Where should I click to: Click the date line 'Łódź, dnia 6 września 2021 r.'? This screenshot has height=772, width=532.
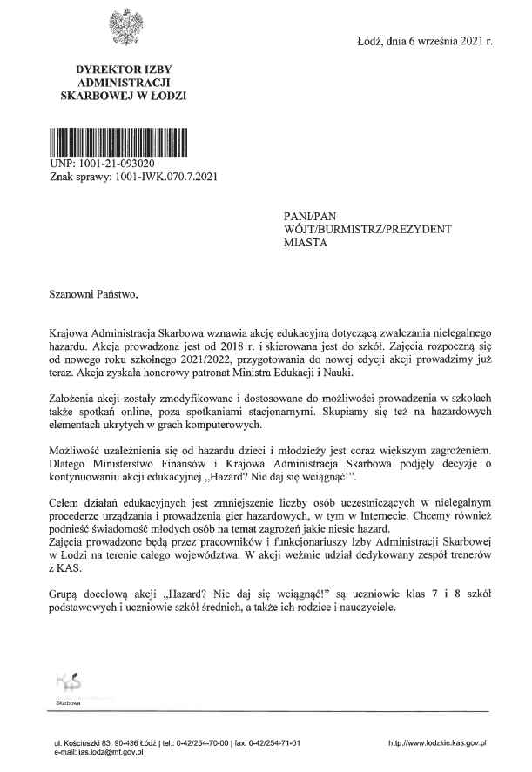[x=426, y=41]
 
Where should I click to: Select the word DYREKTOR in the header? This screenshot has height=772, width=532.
[x=101, y=69]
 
